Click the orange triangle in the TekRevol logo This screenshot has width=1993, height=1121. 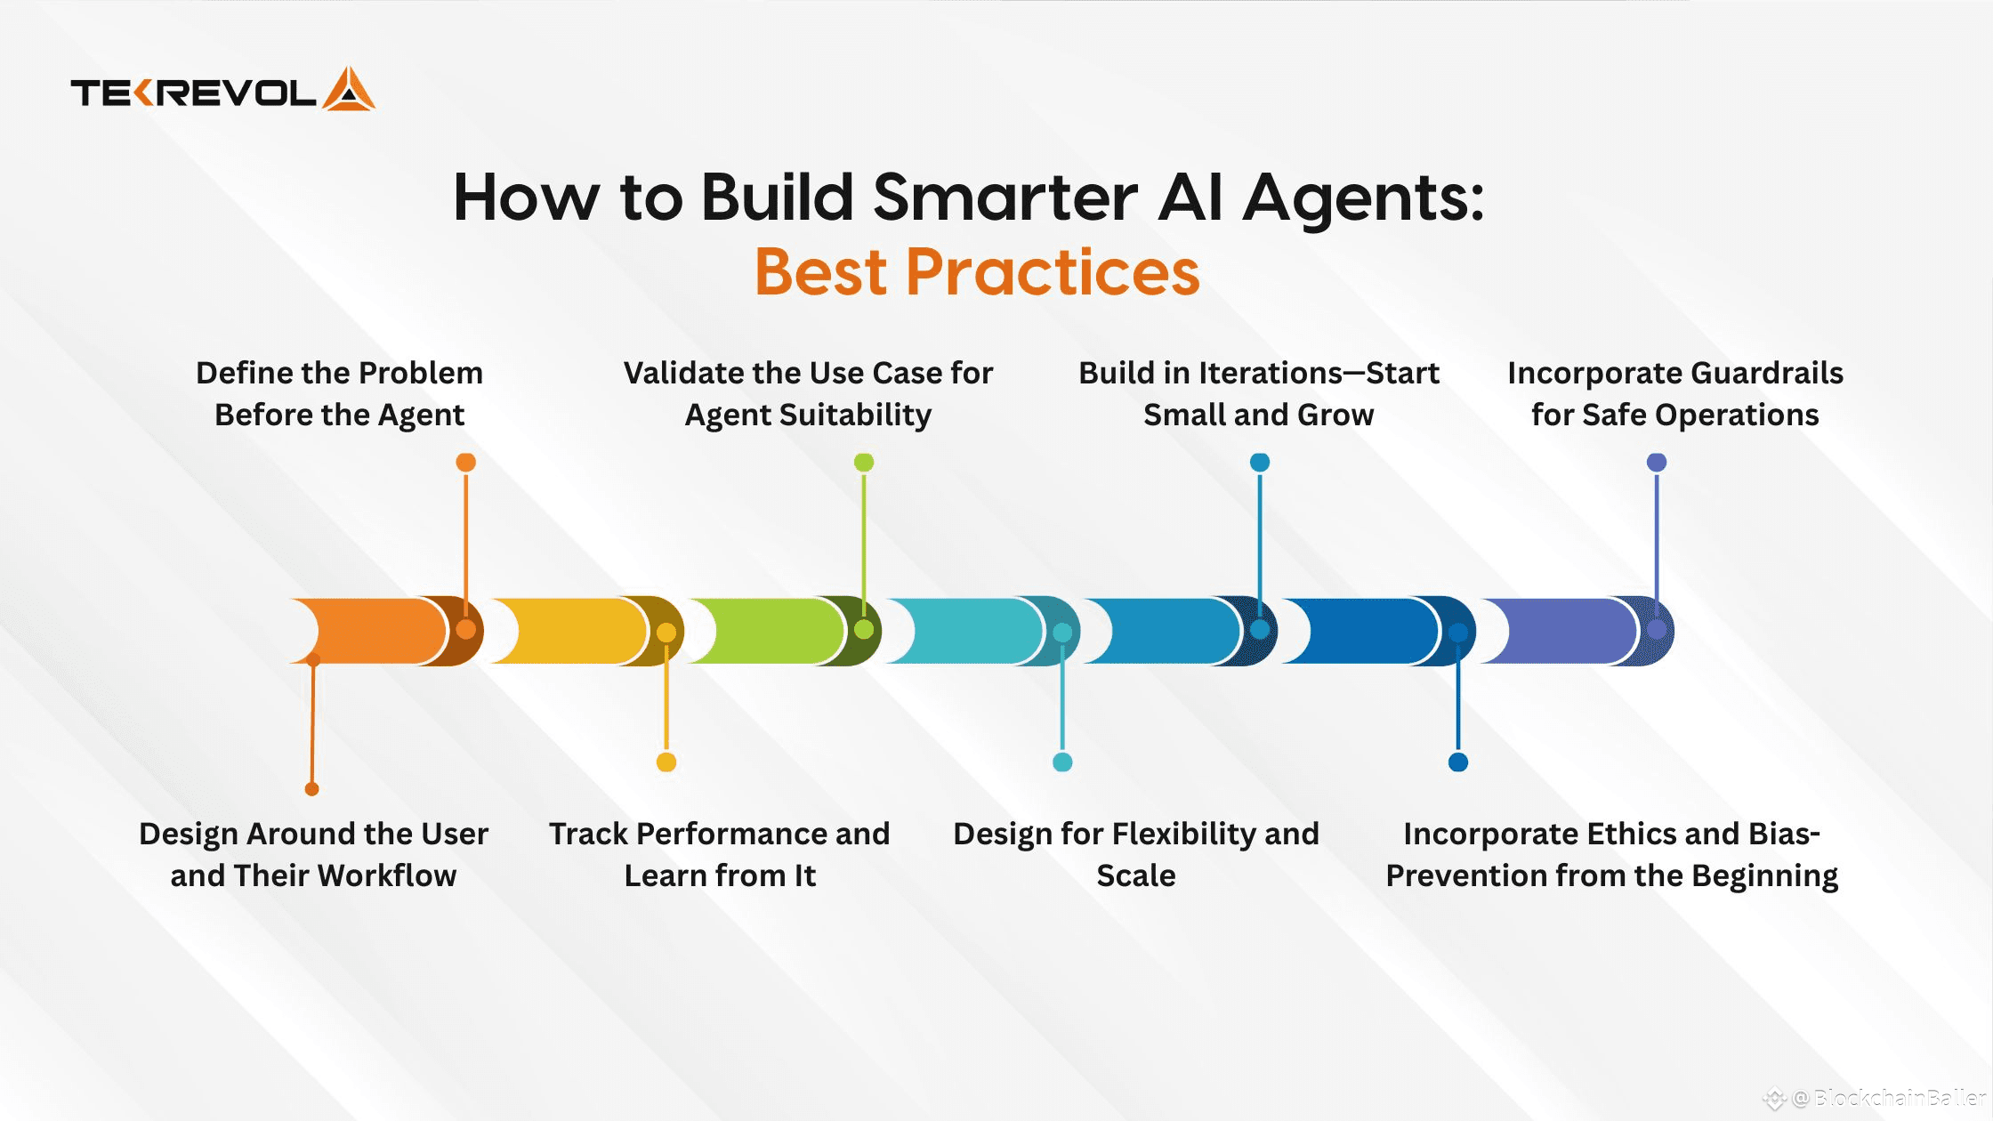click(348, 90)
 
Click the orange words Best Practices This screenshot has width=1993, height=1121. click(977, 272)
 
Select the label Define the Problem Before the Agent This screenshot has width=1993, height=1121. click(339, 393)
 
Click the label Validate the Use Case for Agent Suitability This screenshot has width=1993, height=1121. click(808, 393)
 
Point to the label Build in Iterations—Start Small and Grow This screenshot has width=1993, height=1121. click(1258, 393)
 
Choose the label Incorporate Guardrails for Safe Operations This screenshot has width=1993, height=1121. click(1674, 393)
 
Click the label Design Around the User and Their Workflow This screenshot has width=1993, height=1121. click(313, 854)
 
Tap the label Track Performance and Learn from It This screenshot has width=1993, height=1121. click(719, 854)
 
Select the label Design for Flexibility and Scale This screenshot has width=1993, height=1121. click(1135, 854)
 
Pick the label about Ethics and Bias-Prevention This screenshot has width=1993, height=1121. click(1611, 854)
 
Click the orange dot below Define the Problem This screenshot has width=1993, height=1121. click(465, 462)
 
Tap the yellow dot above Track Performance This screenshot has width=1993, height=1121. click(666, 762)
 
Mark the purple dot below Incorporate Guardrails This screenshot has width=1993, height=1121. click(1656, 462)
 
